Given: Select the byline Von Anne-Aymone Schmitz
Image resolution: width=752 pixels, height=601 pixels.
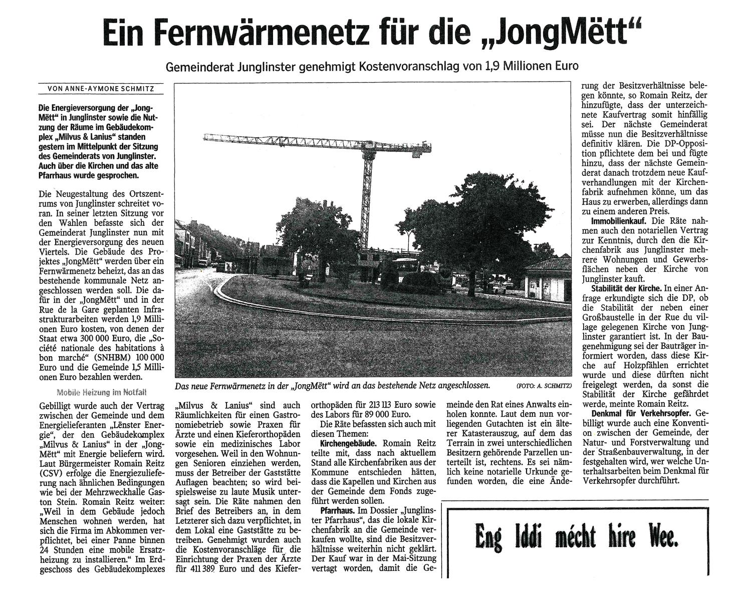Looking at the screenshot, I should click(100, 89).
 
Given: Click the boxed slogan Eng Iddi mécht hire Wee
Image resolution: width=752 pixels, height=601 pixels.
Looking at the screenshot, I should click(576, 537).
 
